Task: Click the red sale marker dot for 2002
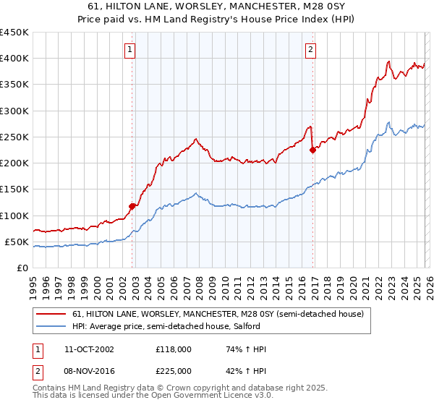(132, 206)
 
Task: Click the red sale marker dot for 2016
(312, 150)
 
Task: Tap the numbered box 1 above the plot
(129, 50)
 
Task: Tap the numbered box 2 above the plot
(310, 50)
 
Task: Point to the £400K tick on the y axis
(14, 59)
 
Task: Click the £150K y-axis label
(14, 189)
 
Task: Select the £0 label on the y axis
(21, 268)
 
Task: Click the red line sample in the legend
(51, 315)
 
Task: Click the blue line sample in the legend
(51, 327)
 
